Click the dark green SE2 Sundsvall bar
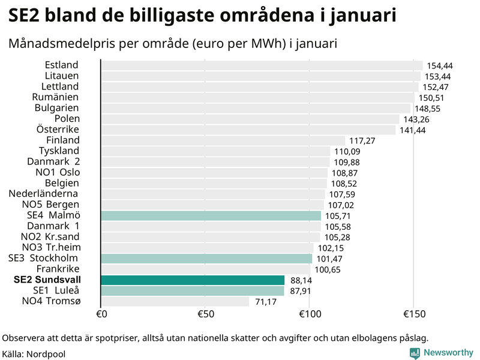tap(193, 280)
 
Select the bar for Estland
tap(262, 65)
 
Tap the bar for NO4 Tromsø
tap(175, 301)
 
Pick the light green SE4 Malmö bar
tap(211, 215)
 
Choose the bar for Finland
tap(223, 140)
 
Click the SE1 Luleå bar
tap(193, 291)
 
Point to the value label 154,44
tap(439, 65)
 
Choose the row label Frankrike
tap(58, 269)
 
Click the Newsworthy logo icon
tap(415, 353)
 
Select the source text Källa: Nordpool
tap(34, 354)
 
